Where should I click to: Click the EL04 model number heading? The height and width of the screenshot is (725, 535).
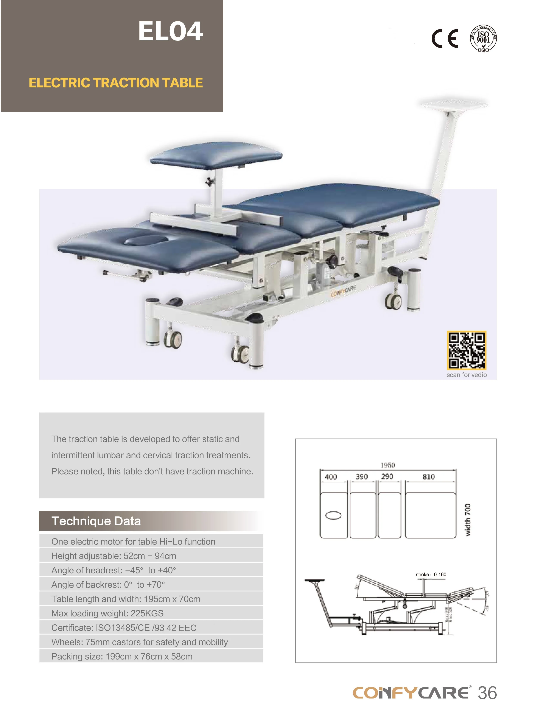coord(170,31)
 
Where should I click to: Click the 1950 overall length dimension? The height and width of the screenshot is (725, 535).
coord(388,465)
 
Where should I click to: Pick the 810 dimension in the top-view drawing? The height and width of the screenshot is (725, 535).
coord(428,477)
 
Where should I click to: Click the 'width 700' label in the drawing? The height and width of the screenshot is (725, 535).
coord(468,520)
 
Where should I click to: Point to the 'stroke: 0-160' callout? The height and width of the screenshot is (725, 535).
coord(431,574)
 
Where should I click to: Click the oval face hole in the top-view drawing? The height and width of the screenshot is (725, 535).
coord(333,515)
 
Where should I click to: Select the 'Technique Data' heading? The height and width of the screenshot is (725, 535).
coord(96,521)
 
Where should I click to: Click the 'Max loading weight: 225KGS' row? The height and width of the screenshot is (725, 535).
coord(107,613)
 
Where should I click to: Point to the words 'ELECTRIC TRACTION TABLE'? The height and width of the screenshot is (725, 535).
coord(116,83)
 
